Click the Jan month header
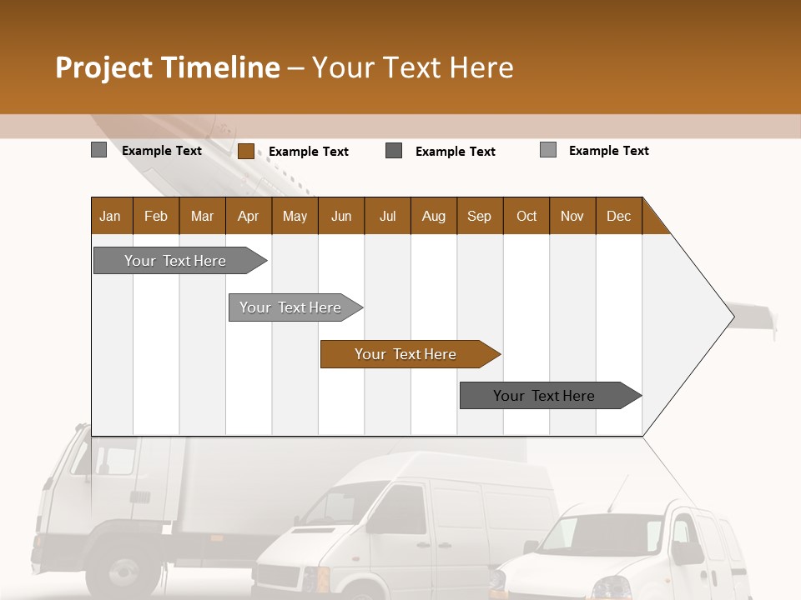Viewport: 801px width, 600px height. (110, 216)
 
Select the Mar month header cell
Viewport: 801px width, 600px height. (202, 216)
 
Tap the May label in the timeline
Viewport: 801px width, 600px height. (295, 216)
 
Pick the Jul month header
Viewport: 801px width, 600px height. (387, 216)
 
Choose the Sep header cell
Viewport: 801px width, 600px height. (479, 216)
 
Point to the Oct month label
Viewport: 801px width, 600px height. (526, 216)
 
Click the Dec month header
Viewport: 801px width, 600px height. (618, 216)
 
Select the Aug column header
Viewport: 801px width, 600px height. (433, 216)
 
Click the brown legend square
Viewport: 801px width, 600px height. (245, 151)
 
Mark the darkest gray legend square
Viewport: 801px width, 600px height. (394, 151)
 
